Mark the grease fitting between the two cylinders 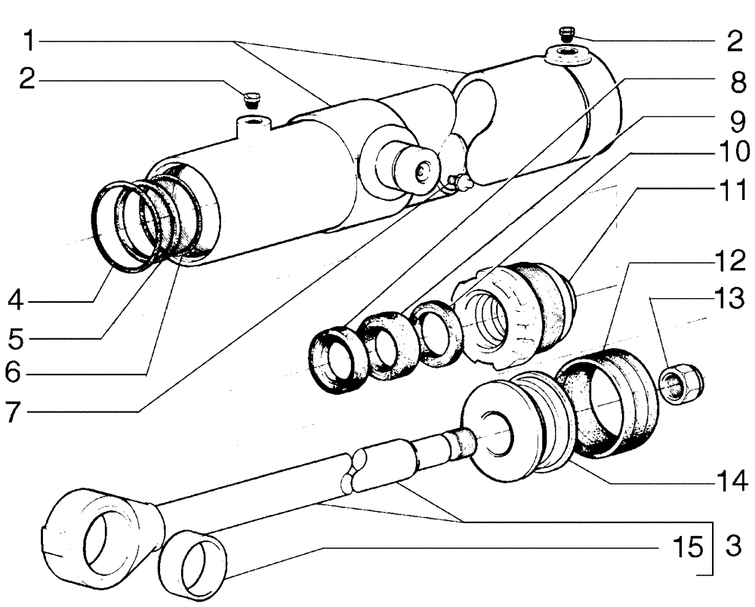click(458, 181)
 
